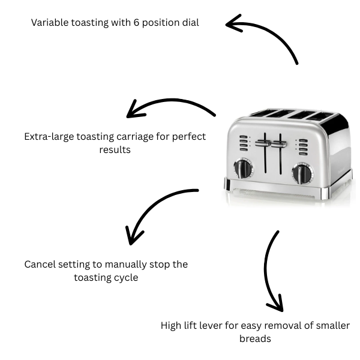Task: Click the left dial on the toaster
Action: (244, 169)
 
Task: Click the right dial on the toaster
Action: (302, 173)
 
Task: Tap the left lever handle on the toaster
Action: (262, 143)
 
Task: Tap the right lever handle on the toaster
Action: (279, 144)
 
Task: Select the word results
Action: (115, 149)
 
